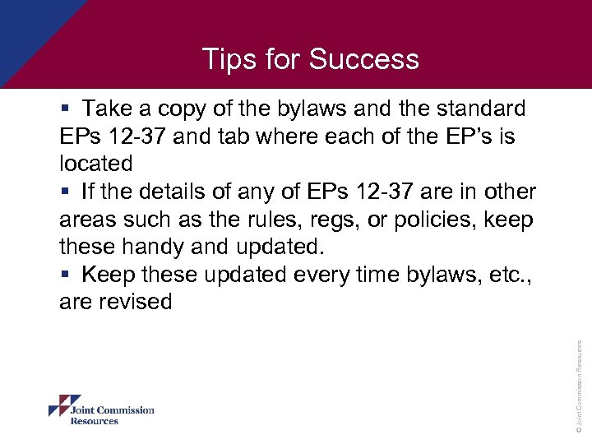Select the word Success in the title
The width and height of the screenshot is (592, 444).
[364, 59]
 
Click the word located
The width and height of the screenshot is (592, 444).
[95, 164]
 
